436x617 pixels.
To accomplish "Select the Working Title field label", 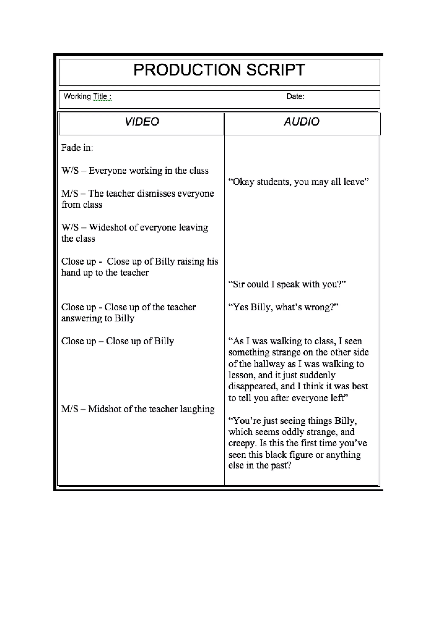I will (87, 96).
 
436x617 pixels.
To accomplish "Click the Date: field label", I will (295, 96).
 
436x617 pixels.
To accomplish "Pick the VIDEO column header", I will (142, 122).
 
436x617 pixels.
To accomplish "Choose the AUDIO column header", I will (301, 122).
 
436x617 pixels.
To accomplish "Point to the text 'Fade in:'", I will (77, 147).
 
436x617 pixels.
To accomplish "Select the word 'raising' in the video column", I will (190, 261).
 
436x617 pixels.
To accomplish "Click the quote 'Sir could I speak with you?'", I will (287, 284).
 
